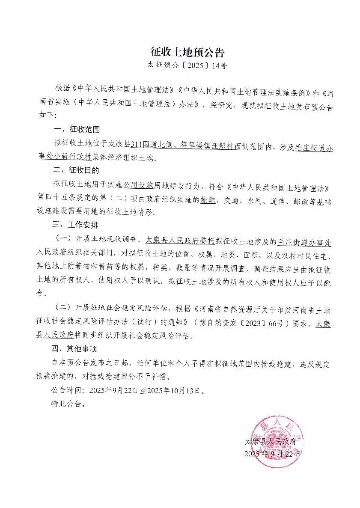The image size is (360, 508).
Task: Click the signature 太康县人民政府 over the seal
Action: click(x=270, y=441)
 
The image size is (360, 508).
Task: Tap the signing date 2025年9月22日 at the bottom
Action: click(x=272, y=453)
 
